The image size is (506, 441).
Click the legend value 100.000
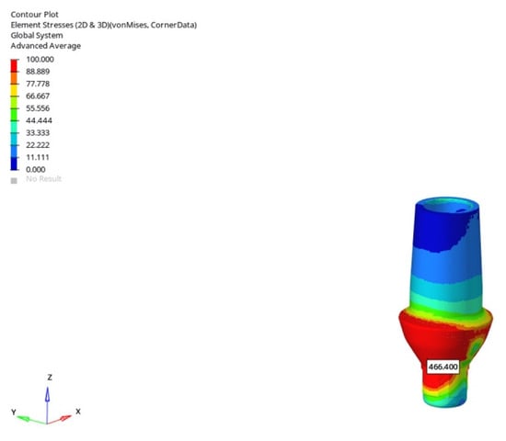coord(40,60)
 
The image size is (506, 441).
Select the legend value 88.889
coord(38,72)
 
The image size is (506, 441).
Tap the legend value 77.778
coord(38,84)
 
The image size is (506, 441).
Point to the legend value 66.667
coord(38,96)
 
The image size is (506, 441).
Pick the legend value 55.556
coord(38,108)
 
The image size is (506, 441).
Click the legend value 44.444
coord(39,120)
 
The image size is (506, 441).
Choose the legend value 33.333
coord(38,133)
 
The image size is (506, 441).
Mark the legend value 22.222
coord(38,145)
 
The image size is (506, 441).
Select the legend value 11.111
coord(38,157)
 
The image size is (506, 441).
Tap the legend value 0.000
coord(36,170)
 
